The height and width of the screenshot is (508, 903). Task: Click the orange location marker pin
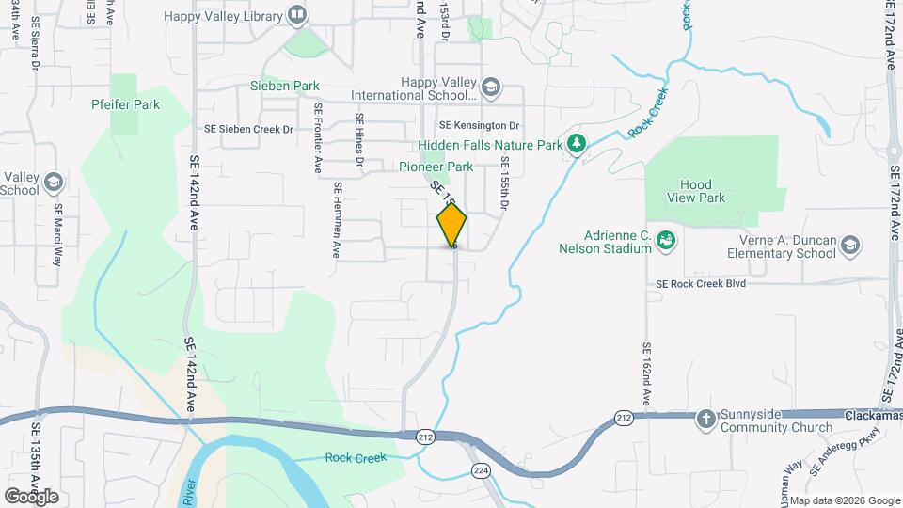click(x=451, y=225)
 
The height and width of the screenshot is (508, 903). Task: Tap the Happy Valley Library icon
click(x=297, y=14)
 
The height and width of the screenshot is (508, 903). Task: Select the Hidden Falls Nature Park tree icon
click(x=576, y=144)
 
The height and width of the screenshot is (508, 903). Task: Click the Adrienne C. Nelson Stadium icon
click(x=666, y=241)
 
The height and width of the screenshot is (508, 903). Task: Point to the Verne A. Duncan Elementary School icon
click(x=850, y=246)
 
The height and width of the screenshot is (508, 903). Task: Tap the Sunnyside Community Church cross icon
click(x=706, y=418)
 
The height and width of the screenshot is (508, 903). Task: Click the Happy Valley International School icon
click(x=489, y=88)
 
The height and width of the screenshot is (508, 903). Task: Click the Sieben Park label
click(x=285, y=86)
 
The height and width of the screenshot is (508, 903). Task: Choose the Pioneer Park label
click(x=436, y=167)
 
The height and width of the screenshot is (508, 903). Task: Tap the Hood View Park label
click(x=704, y=191)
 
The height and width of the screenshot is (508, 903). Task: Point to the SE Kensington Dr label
click(x=480, y=125)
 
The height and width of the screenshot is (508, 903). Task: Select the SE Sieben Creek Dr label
click(x=250, y=129)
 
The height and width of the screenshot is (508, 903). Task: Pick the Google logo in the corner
click(x=31, y=496)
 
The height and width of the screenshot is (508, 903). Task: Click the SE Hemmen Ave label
click(x=335, y=221)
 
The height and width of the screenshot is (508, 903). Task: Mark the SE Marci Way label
click(x=57, y=235)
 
